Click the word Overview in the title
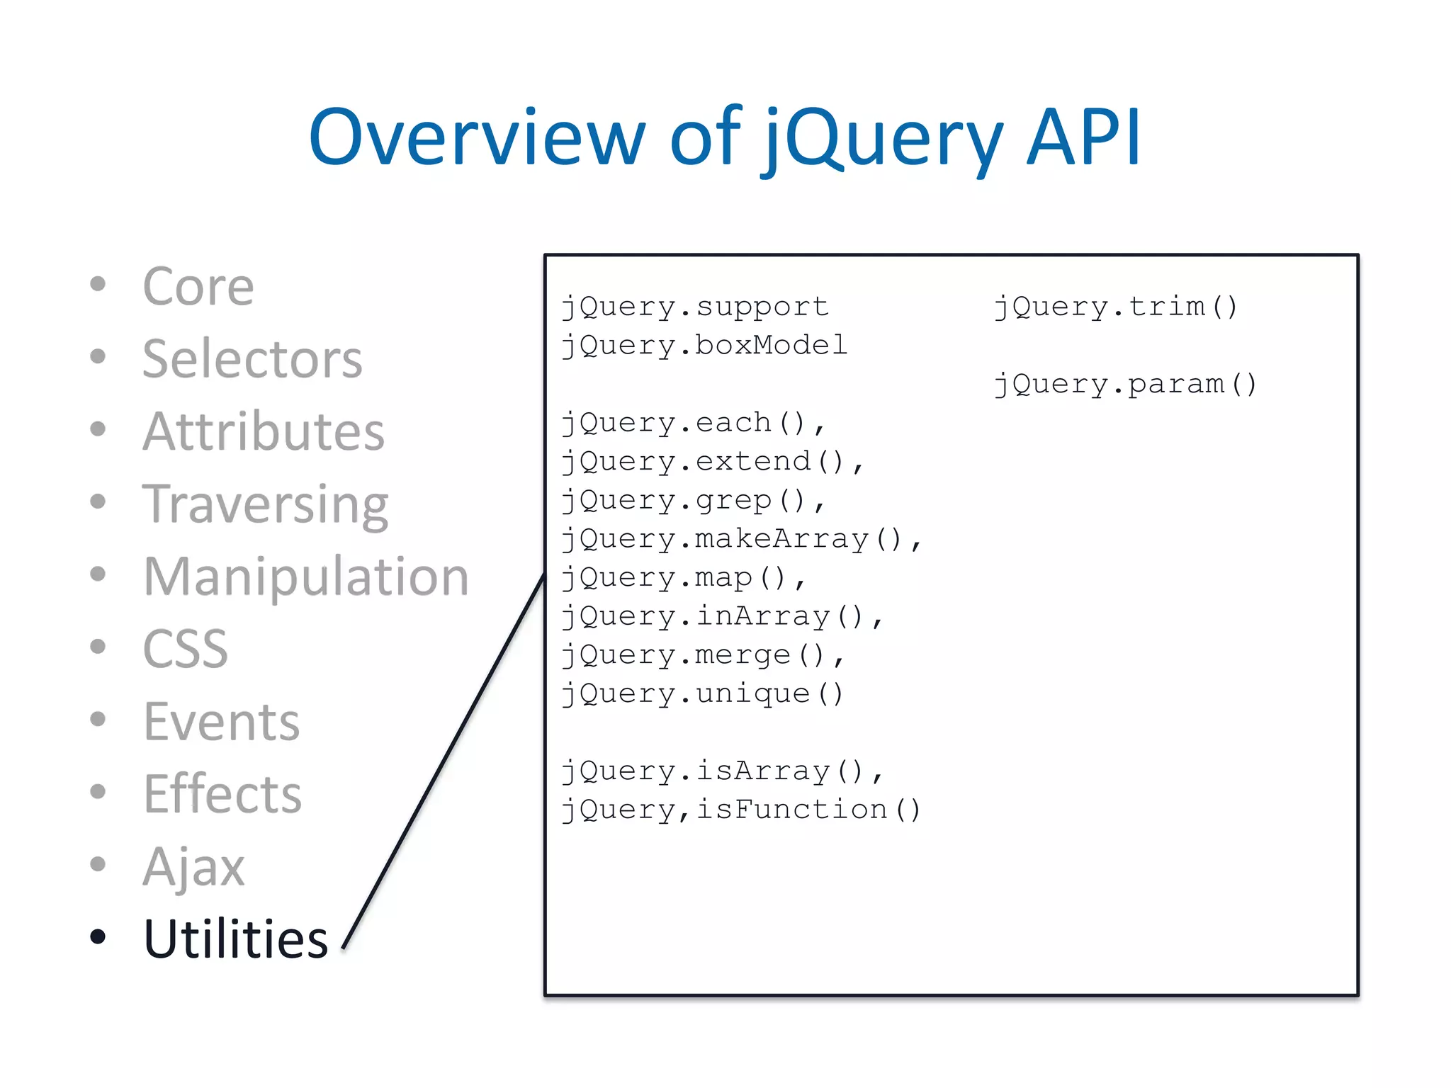[476, 138]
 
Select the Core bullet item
[198, 287]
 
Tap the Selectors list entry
[252, 359]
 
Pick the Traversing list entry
[265, 504]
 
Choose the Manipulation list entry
[305, 577]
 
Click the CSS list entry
[185, 649]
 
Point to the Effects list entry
[222, 794]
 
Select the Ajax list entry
[193, 866]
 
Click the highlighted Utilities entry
[235, 939]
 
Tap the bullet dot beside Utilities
[98, 936]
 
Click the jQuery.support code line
[694, 307]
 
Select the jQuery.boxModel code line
[704, 346]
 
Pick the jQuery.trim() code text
[1115, 307]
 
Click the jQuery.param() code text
[1125, 384]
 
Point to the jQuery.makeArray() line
[740, 539]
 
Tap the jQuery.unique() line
[702, 693]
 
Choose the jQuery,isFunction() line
[740, 810]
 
